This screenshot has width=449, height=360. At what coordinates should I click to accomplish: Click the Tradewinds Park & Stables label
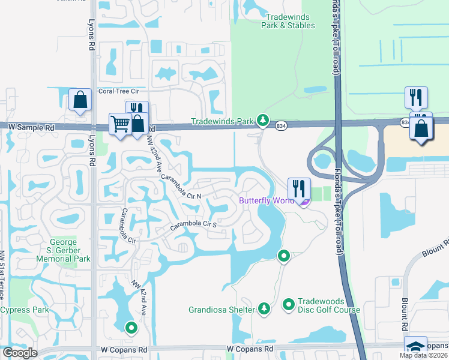tap(288, 21)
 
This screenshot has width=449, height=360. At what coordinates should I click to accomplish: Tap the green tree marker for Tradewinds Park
tap(262, 121)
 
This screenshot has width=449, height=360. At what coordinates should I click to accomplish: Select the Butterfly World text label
tap(267, 200)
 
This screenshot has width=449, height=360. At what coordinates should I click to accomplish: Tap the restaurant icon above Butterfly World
tap(298, 187)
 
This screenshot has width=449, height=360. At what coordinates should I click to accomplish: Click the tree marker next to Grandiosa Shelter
tap(264, 309)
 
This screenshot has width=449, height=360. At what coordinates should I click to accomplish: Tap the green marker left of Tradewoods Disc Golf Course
tap(288, 305)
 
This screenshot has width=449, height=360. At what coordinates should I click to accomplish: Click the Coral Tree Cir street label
tap(119, 91)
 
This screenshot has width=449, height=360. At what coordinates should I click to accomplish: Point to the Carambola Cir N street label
tap(181, 187)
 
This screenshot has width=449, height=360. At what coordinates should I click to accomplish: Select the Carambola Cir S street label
tap(193, 225)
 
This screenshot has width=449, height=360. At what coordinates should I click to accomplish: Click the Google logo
tap(20, 353)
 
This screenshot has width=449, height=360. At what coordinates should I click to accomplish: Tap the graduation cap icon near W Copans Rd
tap(415, 346)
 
